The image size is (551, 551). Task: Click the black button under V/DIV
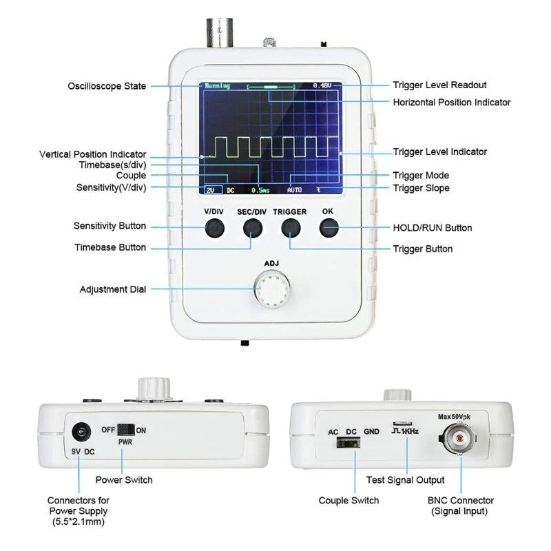pos(215,227)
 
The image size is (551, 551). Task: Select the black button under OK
pos(328,227)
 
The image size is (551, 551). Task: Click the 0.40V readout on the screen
pos(322,86)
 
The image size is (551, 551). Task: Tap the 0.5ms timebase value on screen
pos(261,189)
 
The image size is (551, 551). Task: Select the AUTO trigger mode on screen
pos(294,189)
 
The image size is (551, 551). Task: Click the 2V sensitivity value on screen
pos(210,189)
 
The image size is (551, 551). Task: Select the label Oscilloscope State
pos(107,86)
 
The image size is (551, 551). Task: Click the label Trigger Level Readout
pos(439,85)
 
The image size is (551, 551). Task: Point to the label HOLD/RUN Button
pos(432,227)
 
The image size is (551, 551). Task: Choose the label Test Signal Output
pos(406,479)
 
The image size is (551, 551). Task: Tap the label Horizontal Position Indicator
pos(451,102)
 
